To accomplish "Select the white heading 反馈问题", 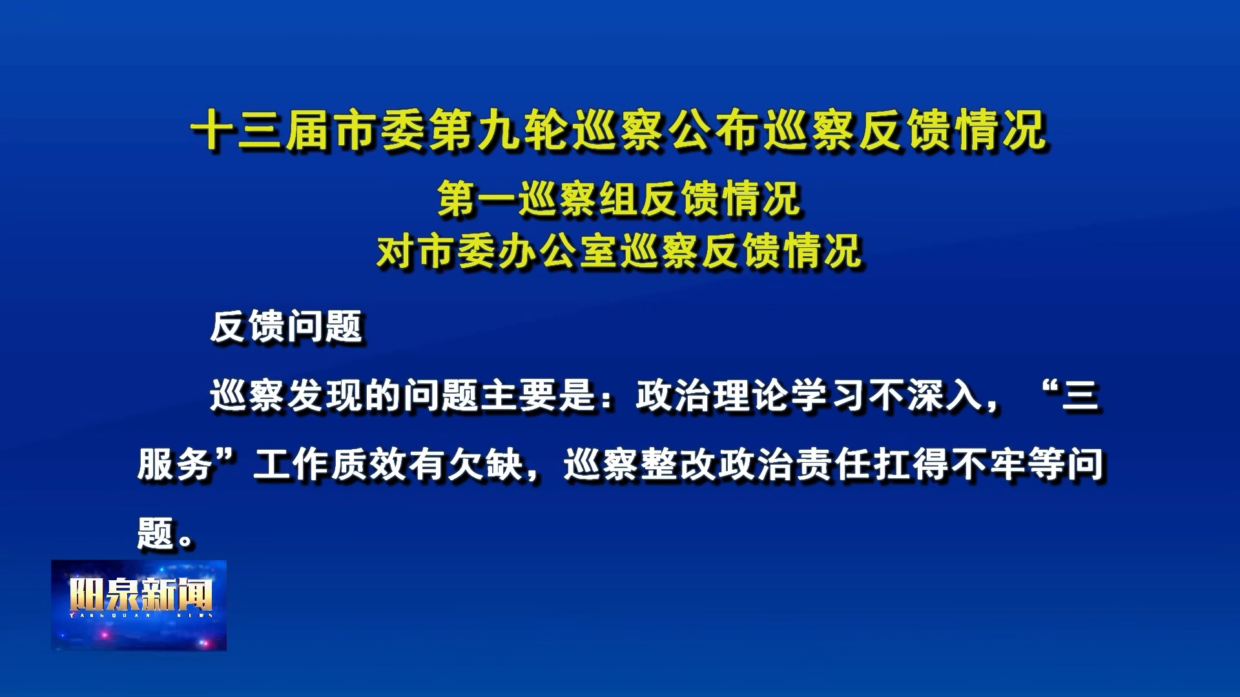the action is [x=286, y=326].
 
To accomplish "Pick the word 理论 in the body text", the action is [x=751, y=395].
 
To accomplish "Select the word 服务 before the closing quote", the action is [x=175, y=464].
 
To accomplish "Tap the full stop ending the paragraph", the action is [x=185, y=541].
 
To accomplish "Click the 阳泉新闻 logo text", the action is [x=140, y=594].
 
